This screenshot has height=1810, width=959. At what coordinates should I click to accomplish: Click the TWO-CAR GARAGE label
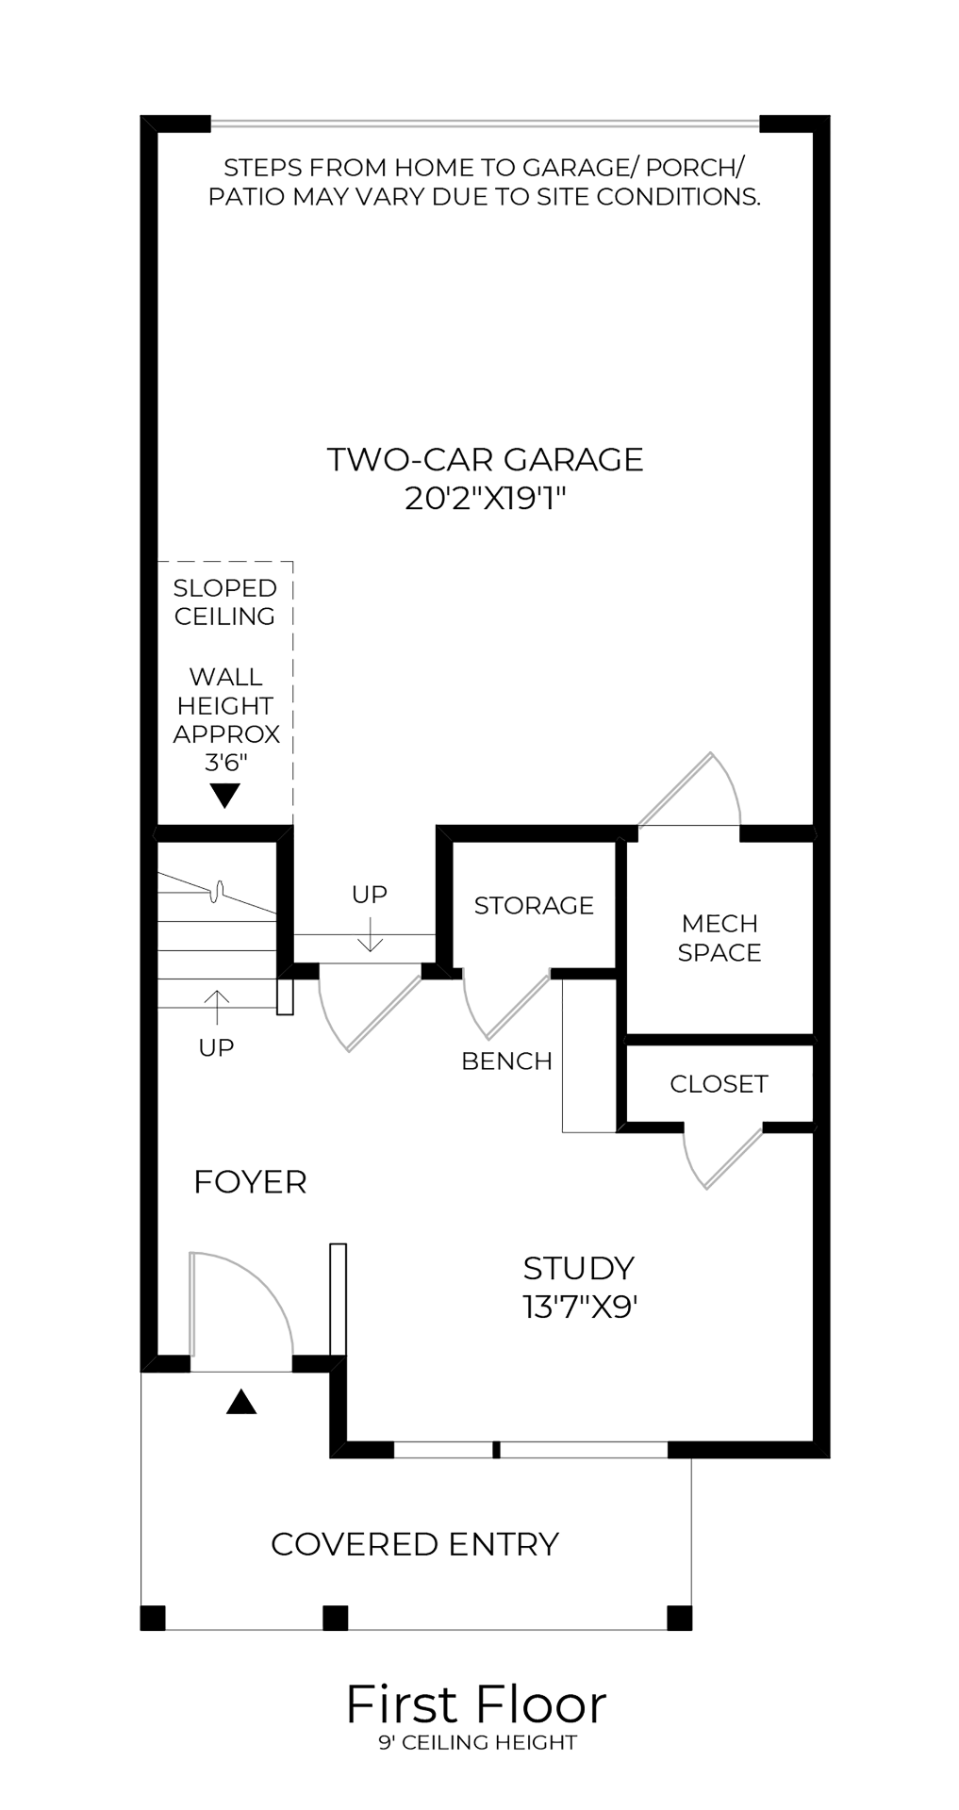(x=485, y=459)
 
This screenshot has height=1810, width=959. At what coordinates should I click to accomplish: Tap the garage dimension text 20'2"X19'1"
(x=485, y=497)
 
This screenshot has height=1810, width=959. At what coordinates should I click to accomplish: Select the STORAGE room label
(x=534, y=905)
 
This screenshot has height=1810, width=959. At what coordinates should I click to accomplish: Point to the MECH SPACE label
(x=719, y=938)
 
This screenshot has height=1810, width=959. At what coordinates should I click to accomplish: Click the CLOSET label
(x=719, y=1084)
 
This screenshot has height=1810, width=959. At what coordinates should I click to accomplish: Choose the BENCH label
(x=506, y=1061)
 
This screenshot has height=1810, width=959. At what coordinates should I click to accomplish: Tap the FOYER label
(x=250, y=1181)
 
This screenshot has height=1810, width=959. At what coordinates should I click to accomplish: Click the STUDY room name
(x=579, y=1268)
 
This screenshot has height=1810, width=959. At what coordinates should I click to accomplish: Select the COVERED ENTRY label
(x=415, y=1544)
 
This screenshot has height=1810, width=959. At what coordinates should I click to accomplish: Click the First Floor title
(x=476, y=1704)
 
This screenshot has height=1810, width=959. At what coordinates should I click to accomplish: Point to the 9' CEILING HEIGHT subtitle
(x=477, y=1742)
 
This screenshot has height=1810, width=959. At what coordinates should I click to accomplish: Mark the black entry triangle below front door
(x=241, y=1403)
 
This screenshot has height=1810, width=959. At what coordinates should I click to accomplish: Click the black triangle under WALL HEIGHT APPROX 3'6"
(x=224, y=797)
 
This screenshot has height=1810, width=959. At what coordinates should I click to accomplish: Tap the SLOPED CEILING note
(x=224, y=601)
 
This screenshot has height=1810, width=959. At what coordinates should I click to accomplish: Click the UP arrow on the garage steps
(x=371, y=933)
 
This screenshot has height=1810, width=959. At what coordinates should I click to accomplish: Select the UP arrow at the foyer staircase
(x=217, y=1007)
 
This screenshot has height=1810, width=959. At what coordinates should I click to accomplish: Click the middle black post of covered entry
(x=336, y=1618)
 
